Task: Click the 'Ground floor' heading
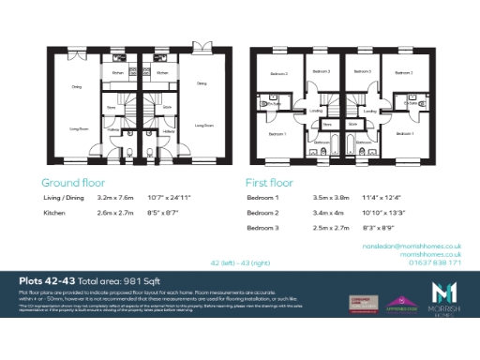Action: pos(73,183)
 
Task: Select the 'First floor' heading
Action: pos(269,183)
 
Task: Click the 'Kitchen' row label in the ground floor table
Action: pos(55,214)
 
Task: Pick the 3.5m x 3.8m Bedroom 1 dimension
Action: pos(330,199)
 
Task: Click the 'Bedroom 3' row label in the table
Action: pos(263,228)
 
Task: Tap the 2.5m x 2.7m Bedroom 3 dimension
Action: pos(330,228)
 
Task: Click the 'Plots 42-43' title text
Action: pos(47,281)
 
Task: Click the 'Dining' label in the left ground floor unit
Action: pos(76,87)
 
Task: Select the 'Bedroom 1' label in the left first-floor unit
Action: pos(278,134)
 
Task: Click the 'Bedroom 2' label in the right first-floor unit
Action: pos(404,72)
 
